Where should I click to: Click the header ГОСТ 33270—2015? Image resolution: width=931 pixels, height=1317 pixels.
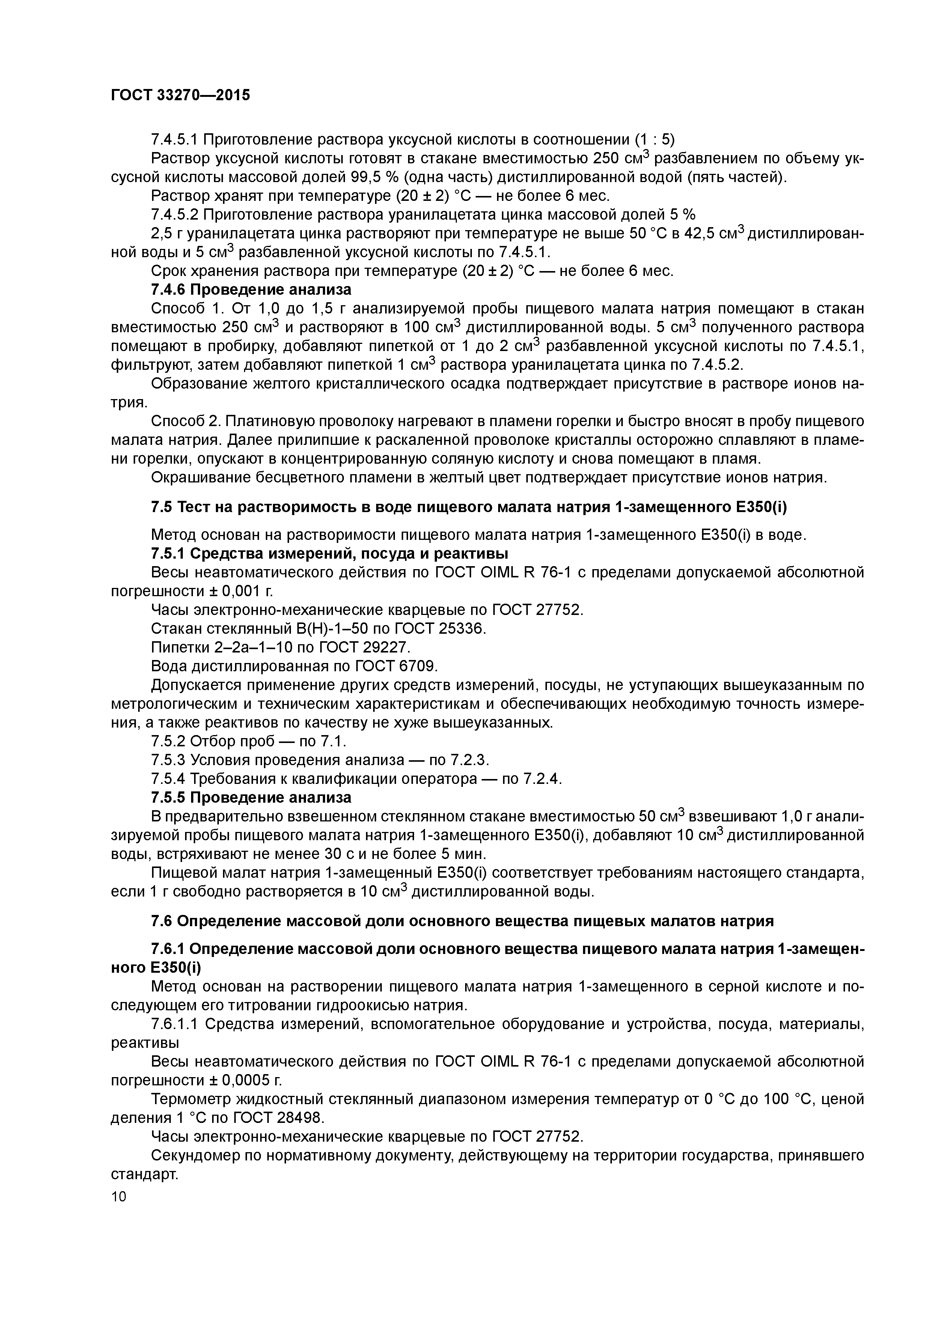pyautogui.click(x=180, y=95)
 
